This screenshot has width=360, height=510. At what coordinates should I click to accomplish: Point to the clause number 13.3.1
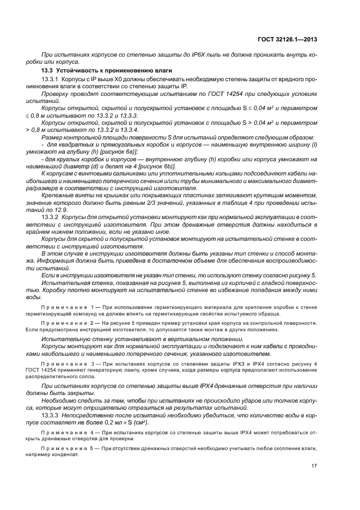51,80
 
